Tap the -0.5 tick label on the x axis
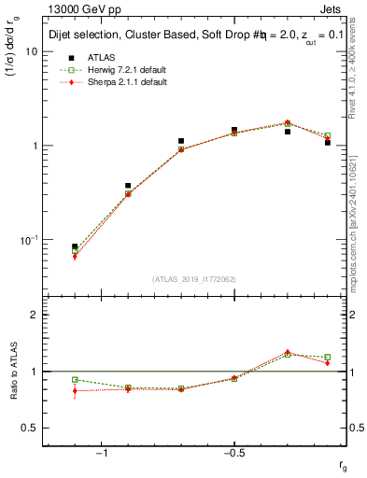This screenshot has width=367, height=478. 233,454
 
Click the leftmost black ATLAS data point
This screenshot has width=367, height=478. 75,246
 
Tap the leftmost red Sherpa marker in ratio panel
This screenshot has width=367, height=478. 75,391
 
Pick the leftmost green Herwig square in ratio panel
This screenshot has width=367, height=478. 75,380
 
